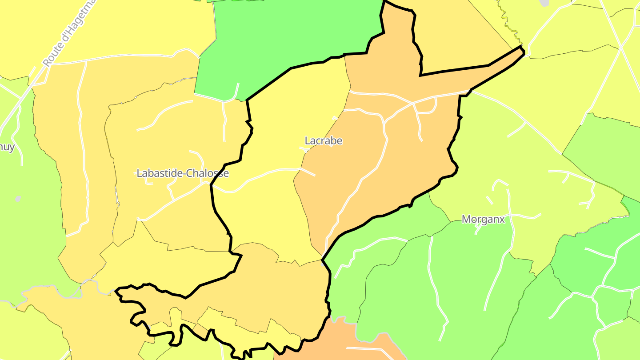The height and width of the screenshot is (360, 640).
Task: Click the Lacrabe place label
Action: (x=323, y=141)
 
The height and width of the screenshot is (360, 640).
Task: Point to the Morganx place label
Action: (x=483, y=219)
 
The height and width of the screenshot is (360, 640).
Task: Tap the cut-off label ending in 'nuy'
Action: (x=7, y=147)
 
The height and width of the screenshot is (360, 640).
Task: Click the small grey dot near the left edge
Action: (x=18, y=199)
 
